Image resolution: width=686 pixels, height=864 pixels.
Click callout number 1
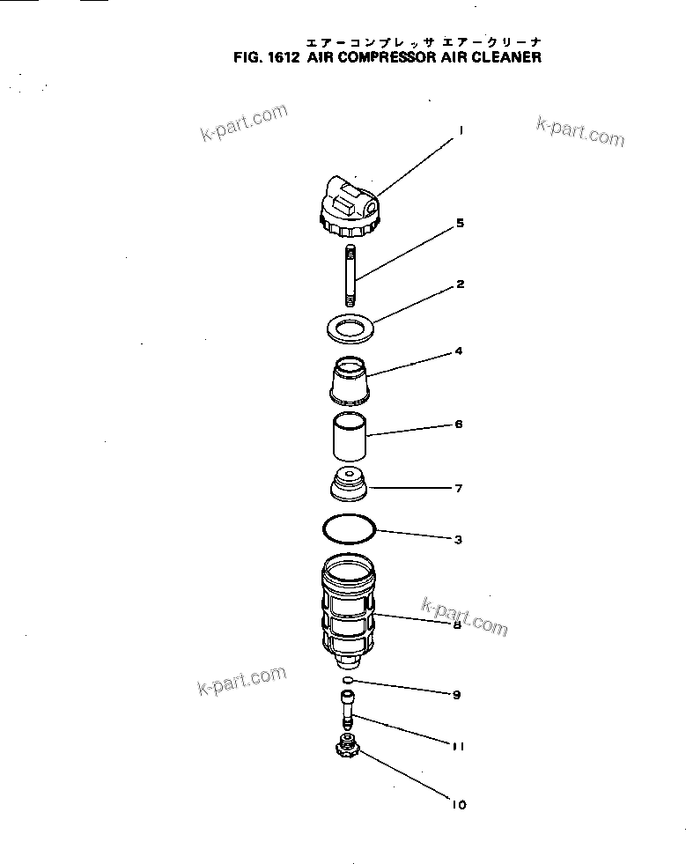coord(460,130)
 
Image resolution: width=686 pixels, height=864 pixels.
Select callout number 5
coord(460,224)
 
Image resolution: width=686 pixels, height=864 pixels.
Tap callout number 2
coord(460,284)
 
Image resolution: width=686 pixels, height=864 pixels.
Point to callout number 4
coord(459,351)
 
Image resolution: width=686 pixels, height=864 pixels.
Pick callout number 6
coord(459,425)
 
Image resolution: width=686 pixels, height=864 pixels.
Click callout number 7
coord(459,488)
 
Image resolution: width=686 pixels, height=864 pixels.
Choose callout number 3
coord(459,540)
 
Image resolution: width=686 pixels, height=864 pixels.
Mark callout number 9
coord(456,695)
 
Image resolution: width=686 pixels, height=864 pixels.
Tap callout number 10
coord(458,804)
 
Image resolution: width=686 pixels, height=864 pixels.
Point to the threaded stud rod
coord(350,277)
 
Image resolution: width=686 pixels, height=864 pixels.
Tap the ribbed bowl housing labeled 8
coord(349,608)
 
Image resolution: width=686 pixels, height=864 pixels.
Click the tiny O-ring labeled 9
coord(348,681)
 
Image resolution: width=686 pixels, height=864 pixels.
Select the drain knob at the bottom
coord(347,750)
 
